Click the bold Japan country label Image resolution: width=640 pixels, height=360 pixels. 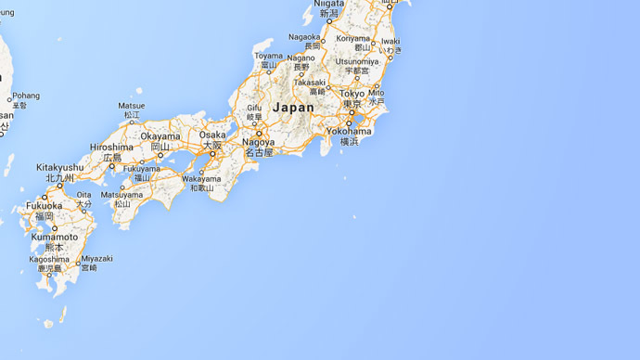[293, 108]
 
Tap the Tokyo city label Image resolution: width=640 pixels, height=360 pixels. [352, 95]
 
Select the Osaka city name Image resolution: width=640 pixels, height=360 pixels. [212, 135]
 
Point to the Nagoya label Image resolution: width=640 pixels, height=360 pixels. [258, 143]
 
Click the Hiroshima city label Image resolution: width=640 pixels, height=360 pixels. [111, 148]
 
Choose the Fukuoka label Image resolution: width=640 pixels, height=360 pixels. [44, 206]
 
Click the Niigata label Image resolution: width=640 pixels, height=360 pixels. [329, 4]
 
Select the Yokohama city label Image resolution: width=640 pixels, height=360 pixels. [349, 132]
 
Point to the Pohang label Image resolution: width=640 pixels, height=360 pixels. [26, 96]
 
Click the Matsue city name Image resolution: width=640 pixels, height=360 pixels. [132, 107]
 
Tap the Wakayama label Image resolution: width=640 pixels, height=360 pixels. [201, 178]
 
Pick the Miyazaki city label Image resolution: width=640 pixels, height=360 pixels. [96, 259]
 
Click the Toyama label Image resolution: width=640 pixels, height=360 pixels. [269, 56]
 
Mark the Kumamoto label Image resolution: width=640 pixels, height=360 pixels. [52, 238]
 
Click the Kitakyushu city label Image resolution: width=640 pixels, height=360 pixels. [60, 168]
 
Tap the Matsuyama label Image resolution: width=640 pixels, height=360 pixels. [122, 195]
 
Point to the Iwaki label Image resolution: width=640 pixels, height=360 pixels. [390, 42]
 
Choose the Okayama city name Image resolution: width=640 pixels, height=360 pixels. [160, 136]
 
